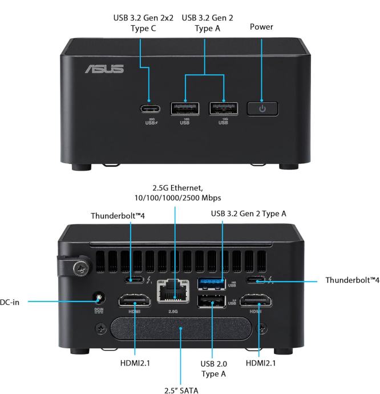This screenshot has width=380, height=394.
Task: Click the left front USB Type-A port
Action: pyautogui.click(x=185, y=108)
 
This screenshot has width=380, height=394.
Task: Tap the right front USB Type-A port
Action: pyautogui.click(x=224, y=108)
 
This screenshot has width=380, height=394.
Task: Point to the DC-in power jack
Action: pyautogui.click(x=100, y=297)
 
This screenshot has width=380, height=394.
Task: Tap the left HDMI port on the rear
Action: pyautogui.click(x=134, y=300)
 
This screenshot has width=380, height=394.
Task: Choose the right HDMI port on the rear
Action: pyautogui.click(x=259, y=300)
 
